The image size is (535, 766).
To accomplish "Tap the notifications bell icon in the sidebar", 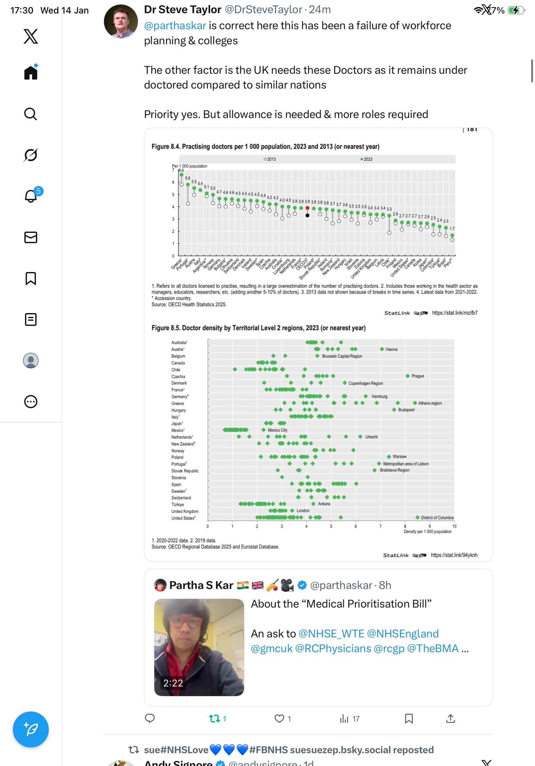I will tap(30, 196).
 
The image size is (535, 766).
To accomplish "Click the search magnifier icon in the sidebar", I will tap(30, 114).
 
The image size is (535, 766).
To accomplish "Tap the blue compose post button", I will tap(30, 729).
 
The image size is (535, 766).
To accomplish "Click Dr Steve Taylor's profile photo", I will tap(121, 21).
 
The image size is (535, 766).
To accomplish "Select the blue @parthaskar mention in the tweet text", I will tap(175, 26).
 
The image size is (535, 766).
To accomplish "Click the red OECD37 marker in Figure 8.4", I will tap(307, 208).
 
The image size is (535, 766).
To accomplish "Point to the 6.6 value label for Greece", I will tap(181, 170).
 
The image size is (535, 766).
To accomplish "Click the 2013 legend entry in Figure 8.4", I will tap(270, 159).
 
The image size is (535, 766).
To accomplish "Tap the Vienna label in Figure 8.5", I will tap(391, 349).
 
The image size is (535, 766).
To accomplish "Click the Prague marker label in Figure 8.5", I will tap(417, 376).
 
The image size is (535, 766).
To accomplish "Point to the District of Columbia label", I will tap(437, 517).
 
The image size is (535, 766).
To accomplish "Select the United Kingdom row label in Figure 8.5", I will tap(185, 511).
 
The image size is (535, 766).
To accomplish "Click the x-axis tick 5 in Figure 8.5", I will tap(331, 526).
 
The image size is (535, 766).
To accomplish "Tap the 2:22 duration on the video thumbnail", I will tap(173, 683).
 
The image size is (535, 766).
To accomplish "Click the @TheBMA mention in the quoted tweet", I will tap(433, 648).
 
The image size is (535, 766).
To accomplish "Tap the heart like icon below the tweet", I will tap(279, 718).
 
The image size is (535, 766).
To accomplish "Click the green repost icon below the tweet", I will tap(214, 718).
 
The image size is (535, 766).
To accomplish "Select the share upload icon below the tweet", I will tap(450, 718).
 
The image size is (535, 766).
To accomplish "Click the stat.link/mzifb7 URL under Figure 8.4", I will tap(454, 313).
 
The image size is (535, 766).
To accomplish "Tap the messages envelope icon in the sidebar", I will tap(30, 237).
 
